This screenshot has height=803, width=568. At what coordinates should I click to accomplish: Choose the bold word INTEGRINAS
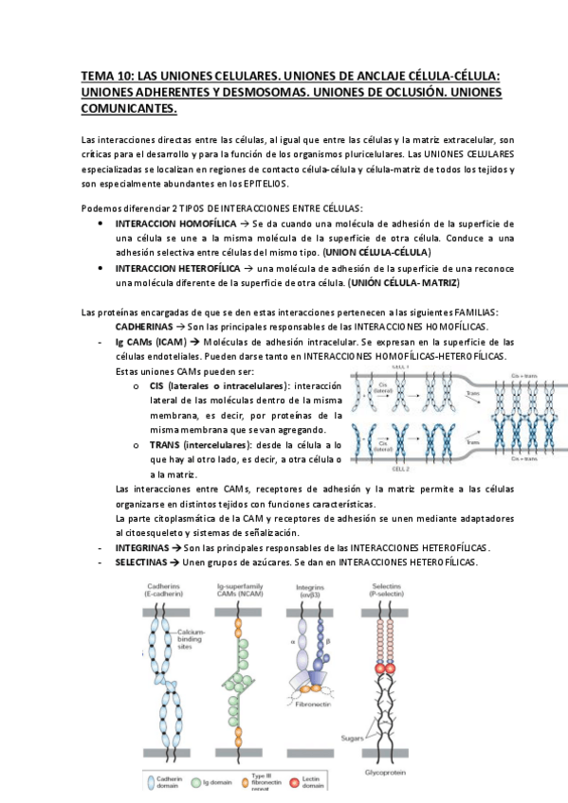(142, 548)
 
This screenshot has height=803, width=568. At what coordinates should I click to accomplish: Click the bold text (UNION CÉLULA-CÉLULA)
(376, 253)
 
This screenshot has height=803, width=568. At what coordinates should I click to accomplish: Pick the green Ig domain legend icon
(221, 784)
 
